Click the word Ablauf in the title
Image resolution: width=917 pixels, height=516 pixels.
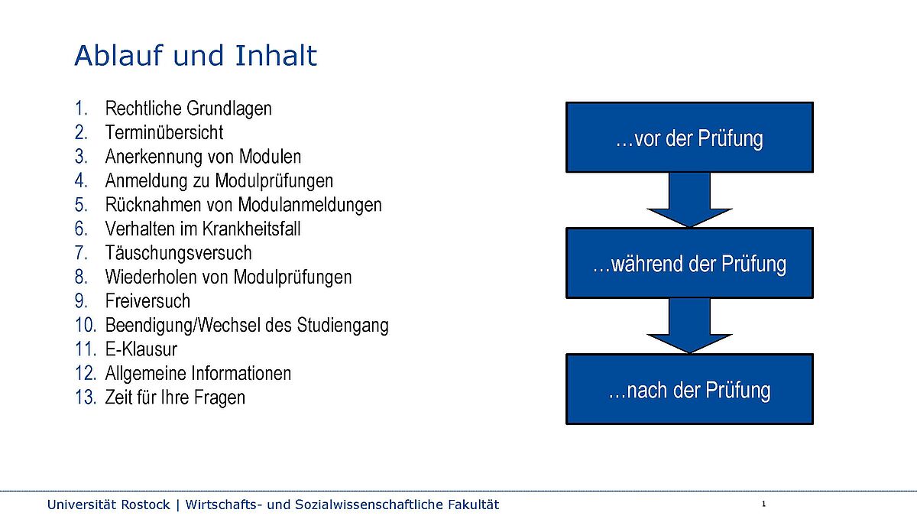point(119,55)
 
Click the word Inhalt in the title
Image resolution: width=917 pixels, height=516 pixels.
point(276,55)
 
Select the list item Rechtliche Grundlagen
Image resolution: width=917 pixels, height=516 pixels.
point(188,109)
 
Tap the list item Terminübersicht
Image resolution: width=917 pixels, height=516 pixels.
point(164,133)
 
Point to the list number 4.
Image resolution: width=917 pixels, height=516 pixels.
point(81,180)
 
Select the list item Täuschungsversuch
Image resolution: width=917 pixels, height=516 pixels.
point(179,253)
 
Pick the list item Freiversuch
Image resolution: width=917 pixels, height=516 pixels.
point(147,301)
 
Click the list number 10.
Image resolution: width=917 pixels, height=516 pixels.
point(86,325)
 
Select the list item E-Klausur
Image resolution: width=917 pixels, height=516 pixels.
point(141,349)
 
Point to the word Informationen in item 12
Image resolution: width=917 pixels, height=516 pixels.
point(241,373)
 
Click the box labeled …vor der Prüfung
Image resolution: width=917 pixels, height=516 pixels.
point(689,137)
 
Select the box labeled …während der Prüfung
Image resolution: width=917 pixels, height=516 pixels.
point(689,263)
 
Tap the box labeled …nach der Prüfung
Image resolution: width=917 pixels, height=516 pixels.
point(689,389)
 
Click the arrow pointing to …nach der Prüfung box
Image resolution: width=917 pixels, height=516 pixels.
point(689,326)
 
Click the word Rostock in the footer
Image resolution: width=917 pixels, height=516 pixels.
point(145,505)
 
